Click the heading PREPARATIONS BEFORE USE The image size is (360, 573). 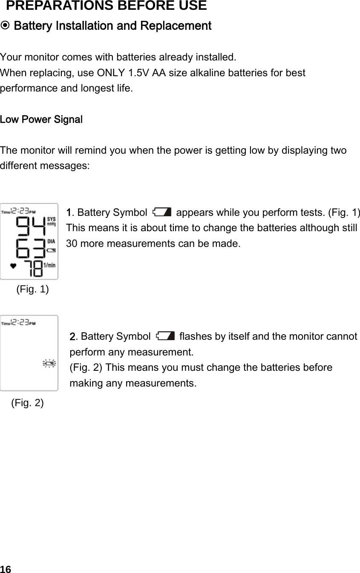coord(107,6)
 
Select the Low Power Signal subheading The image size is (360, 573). coord(41,120)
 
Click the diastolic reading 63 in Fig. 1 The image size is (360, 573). coord(30,248)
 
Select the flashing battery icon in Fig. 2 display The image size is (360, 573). coord(49,363)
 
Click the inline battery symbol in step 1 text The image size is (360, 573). coord(162,212)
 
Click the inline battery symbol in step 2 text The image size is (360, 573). coord(165,336)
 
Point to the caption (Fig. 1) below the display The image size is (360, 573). coord(32,289)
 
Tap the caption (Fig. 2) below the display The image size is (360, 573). coord(27,403)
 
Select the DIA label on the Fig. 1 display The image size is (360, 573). coord(51,241)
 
